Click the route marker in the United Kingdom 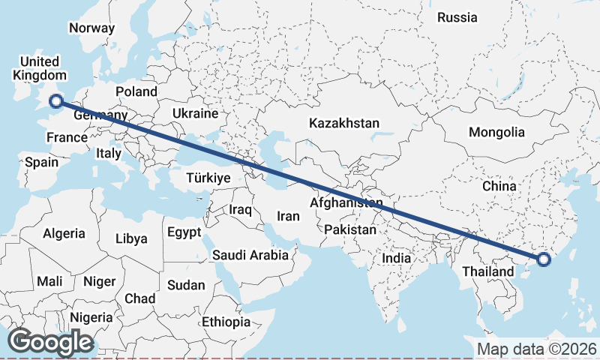[x=55, y=101]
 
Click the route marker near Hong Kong [x=544, y=260]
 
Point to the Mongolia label [x=496, y=132]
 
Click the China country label [x=499, y=185]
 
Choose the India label [x=396, y=258]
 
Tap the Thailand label [x=488, y=271]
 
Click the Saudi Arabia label [x=250, y=255]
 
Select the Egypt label [x=184, y=232]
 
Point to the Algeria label [x=64, y=233]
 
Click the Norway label [x=91, y=28]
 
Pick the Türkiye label [x=208, y=178]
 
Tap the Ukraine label [x=195, y=113]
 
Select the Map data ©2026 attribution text [x=536, y=349]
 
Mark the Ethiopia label [x=226, y=322]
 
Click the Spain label [x=41, y=161]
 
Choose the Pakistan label [x=350, y=229]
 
